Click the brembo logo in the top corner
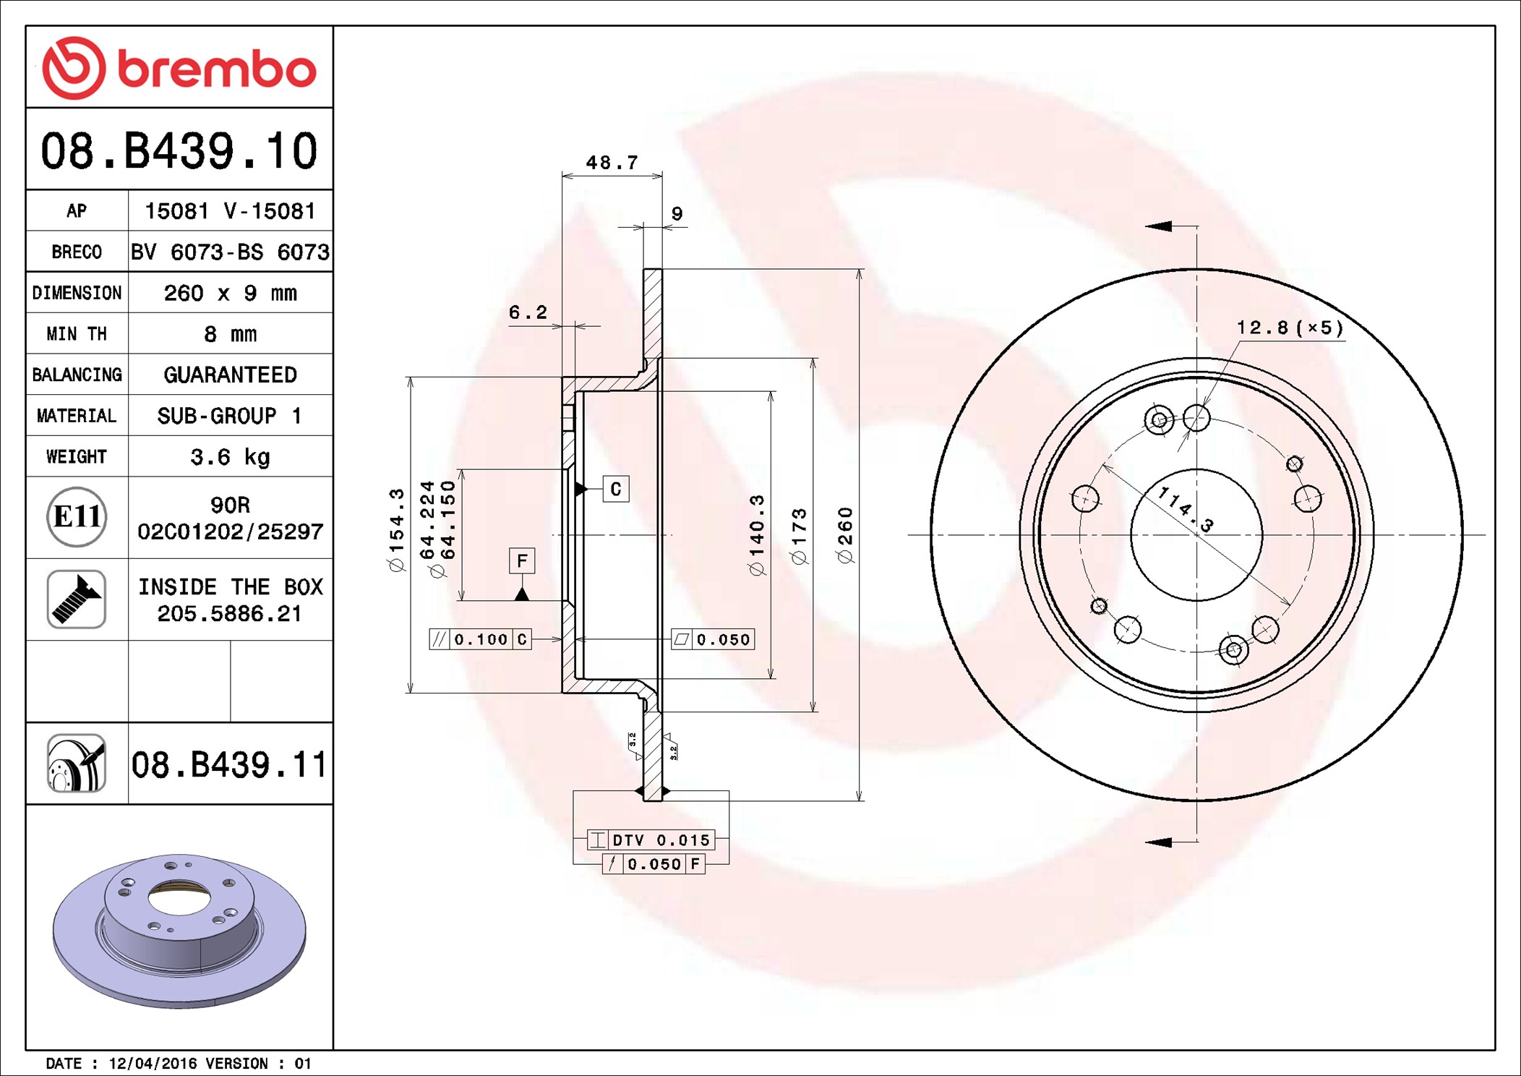coord(179,68)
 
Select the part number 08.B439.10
coord(179,151)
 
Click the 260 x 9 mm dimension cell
coord(231,293)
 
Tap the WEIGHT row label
coord(77,456)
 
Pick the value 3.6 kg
coord(231,457)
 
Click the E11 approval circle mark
coord(77,516)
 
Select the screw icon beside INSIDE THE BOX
coord(77,599)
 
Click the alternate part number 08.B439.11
coord(229,764)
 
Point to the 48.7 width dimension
coord(612,163)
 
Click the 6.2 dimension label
coord(528,312)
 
